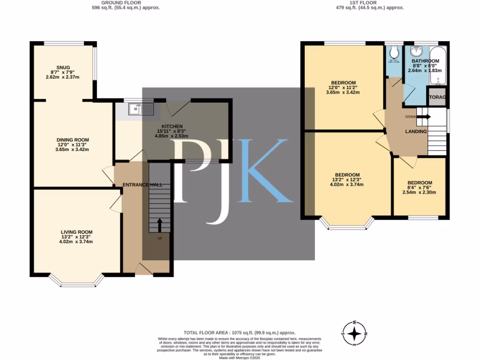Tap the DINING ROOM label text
(x=72, y=140)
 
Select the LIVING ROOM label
(x=76, y=232)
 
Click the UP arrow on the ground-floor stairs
(x=159, y=225)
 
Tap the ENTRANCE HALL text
(x=142, y=185)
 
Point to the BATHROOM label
(x=425, y=61)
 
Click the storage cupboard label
(x=437, y=97)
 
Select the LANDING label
(x=416, y=132)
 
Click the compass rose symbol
(x=355, y=333)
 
